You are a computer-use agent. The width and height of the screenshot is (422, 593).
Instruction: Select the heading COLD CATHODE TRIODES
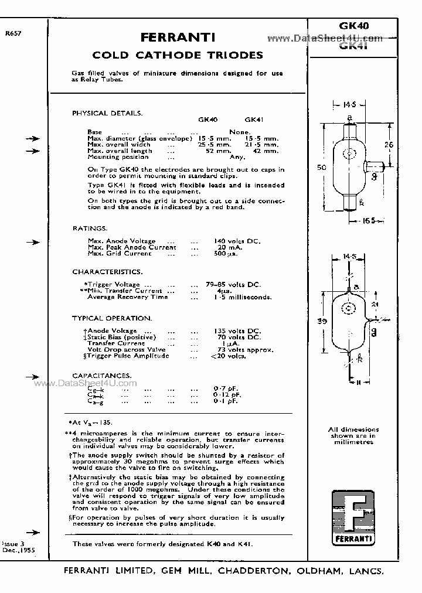click(x=178, y=56)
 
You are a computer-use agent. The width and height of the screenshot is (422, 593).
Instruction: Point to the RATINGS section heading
click(x=90, y=228)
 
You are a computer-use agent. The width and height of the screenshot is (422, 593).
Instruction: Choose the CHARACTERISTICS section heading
click(x=107, y=272)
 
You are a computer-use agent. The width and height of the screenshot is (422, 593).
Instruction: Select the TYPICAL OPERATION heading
click(x=112, y=318)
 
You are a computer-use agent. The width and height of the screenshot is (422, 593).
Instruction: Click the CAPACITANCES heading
click(x=102, y=375)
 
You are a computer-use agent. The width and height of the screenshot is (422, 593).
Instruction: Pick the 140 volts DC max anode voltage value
click(x=237, y=241)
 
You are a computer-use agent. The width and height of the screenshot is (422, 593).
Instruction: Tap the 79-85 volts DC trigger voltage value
click(x=237, y=285)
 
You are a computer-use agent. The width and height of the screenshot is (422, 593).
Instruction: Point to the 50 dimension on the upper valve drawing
click(x=322, y=168)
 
